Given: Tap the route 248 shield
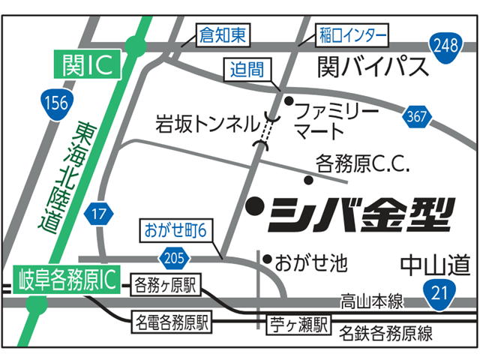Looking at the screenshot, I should click(446, 44).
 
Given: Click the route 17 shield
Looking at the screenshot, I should click(97, 214).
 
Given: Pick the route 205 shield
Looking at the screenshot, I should click(172, 258).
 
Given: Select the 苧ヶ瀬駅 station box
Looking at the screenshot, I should click(299, 325).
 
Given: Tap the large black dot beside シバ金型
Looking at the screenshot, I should click(256, 203).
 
